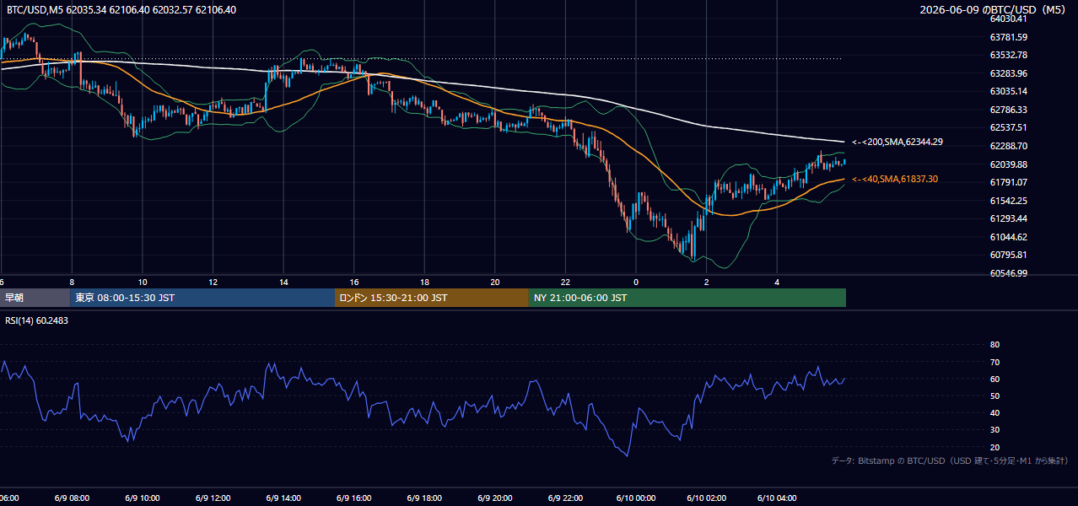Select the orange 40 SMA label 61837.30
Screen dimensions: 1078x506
895,179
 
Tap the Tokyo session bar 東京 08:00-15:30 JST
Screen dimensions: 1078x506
202,298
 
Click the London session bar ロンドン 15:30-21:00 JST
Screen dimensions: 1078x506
432,298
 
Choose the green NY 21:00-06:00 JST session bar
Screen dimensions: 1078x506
687,298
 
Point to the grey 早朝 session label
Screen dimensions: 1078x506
35,298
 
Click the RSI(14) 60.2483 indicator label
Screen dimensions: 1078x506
36,320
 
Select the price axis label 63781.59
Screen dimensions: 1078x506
1009,37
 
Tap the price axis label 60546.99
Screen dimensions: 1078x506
1009,273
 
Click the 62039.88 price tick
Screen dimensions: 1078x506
1009,164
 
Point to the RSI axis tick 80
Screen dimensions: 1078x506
994,344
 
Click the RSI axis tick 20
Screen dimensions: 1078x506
994,447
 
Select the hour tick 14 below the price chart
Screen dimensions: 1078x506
283,283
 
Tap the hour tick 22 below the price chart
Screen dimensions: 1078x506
565,283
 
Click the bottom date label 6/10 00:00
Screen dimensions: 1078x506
636,498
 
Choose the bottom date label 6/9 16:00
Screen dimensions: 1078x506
353,498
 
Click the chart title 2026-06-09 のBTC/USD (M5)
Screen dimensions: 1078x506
992,9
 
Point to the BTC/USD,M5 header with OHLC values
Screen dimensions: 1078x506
121,9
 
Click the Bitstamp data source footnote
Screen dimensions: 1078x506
950,460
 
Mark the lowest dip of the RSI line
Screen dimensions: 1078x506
628,455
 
